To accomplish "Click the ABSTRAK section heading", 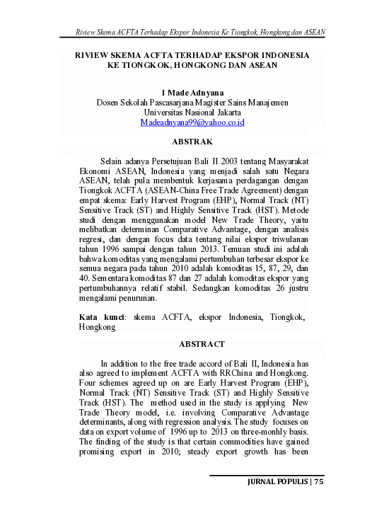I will (192, 142).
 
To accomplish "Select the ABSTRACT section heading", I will (202, 344).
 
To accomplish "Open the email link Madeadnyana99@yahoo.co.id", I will (192, 122).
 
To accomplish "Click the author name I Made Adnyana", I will (192, 93).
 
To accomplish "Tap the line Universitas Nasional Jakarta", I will (192, 113).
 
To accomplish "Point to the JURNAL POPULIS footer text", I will (276, 482).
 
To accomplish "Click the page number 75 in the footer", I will (318, 482).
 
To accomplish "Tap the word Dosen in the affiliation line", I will (109, 103).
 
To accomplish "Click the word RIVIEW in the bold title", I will (93, 55).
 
